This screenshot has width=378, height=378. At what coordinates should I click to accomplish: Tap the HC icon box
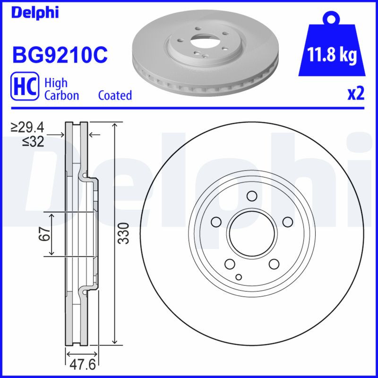pyautogui.click(x=24, y=87)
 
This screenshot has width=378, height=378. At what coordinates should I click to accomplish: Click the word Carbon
pyautogui.click(x=61, y=95)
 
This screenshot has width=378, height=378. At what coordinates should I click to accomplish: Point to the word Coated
pyautogui.click(x=115, y=95)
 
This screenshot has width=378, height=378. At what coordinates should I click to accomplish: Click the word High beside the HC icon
pyautogui.click(x=56, y=83)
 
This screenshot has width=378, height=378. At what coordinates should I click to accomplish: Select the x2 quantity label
pyautogui.click(x=356, y=94)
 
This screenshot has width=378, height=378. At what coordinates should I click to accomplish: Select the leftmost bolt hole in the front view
pyautogui.click(x=216, y=222)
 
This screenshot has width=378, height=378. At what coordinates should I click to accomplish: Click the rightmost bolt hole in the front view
pyautogui.click(x=287, y=222)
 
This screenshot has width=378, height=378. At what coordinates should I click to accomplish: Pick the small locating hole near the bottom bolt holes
pyautogui.click(x=239, y=277)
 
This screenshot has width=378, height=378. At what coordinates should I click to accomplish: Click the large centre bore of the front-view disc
pyautogui.click(x=252, y=233)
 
